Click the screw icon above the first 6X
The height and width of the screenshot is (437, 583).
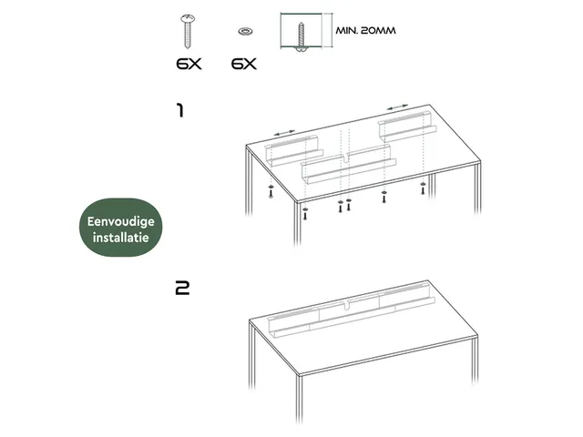189,32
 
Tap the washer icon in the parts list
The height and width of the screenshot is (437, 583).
244,31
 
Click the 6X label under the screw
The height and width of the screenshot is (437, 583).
189,64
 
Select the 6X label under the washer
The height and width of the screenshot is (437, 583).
244,64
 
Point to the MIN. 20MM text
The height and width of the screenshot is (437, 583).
366,30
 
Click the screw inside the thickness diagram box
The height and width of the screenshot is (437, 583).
301,36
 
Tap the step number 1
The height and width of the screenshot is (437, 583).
180,111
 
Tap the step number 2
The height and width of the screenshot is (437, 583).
182,288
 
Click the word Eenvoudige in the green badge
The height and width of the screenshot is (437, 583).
121,222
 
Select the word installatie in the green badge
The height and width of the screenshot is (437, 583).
121,238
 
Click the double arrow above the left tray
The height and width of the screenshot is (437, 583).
284,133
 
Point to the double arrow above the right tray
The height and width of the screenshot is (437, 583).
397,107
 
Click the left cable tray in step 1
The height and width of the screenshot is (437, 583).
293,151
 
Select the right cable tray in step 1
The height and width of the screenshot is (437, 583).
407,127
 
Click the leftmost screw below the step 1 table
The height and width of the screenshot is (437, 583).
271,190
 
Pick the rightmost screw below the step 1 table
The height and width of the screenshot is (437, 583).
423,188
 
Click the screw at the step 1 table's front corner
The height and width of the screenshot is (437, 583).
305,213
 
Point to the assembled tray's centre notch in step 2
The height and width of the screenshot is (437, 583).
347,306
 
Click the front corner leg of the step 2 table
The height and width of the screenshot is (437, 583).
300,399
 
